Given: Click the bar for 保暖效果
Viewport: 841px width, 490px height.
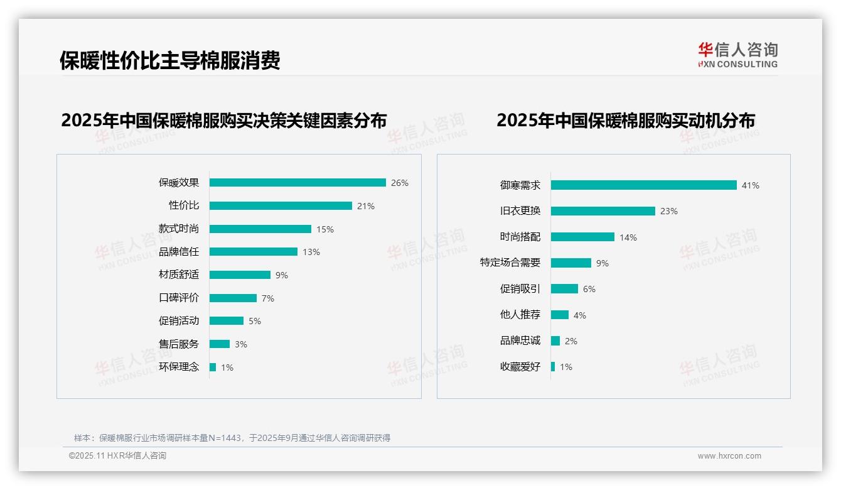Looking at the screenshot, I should click(x=297, y=183).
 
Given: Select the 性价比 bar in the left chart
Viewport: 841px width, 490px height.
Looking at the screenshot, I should click(x=281, y=206).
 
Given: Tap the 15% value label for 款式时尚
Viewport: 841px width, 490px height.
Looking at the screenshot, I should click(x=325, y=229).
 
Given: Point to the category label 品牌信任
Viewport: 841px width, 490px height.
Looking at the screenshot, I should click(x=179, y=252).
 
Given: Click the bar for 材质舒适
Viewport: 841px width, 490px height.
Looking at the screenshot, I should click(x=240, y=275).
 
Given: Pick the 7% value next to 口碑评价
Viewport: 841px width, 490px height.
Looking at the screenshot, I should click(x=268, y=298).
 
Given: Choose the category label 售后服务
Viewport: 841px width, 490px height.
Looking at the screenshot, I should click(x=179, y=344).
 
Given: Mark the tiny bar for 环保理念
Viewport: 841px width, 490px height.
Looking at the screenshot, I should click(x=213, y=367).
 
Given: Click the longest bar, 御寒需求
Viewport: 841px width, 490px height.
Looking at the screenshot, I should click(x=643, y=185).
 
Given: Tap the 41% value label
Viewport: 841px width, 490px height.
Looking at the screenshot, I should click(x=750, y=185).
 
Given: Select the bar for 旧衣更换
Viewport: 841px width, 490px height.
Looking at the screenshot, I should click(x=603, y=211).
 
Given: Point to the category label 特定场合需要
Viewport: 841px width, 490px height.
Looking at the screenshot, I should click(x=510, y=263).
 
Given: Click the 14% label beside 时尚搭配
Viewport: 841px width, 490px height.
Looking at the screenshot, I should click(x=628, y=237).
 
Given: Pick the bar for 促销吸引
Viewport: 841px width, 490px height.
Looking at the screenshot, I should click(x=564, y=289).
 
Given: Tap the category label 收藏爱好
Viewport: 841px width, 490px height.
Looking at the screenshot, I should click(x=520, y=367).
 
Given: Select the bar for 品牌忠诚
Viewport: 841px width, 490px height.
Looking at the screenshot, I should click(x=555, y=341).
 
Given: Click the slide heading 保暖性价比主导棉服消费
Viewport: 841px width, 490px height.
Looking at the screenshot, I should click(x=169, y=60).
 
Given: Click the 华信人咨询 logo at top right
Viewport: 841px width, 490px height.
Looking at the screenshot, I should click(x=737, y=54).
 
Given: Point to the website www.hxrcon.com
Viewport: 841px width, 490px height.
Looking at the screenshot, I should click(x=729, y=456).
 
